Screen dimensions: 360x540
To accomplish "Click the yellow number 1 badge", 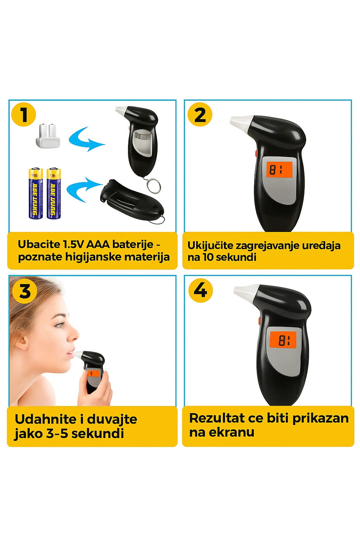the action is coord(24,114).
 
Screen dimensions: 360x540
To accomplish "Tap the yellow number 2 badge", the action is coord(200,114).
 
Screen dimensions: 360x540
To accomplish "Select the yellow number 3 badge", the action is coord(25,291).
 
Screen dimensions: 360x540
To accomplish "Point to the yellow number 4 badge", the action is coord(201,290).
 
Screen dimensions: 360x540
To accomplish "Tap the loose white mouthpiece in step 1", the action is coord(48,136).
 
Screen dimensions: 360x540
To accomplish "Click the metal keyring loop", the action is coord(153,186).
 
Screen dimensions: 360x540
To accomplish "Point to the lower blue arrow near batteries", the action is coord(83,189).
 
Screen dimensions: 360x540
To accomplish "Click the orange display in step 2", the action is coord(279,169).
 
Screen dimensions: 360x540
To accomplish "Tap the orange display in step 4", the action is coord(283,340).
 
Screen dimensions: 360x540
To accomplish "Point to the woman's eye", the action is coord(59,325).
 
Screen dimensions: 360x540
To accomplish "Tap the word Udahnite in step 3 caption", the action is coord(46,419).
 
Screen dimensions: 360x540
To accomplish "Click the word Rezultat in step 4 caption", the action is coord(217,418).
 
